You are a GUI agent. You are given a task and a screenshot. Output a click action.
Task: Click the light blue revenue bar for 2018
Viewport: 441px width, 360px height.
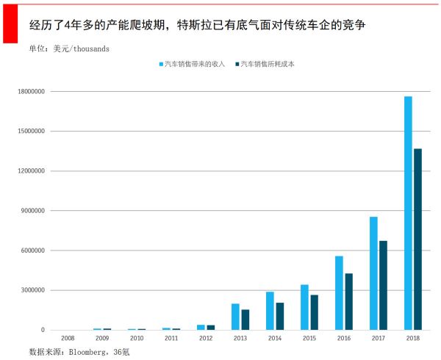408,213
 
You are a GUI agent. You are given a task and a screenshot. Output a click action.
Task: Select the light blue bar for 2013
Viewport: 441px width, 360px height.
235,317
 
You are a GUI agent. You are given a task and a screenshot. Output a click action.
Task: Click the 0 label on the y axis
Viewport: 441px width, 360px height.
42,330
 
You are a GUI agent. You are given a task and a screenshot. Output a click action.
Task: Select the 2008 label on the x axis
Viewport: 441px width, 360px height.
68,339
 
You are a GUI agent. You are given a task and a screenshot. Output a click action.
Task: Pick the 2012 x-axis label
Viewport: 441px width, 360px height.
205,339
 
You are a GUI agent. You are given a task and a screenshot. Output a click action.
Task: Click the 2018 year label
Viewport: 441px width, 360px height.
412,339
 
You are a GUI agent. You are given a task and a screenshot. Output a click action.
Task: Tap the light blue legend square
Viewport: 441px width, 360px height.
161,65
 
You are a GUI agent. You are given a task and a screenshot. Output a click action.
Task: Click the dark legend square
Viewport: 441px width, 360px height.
237,65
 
